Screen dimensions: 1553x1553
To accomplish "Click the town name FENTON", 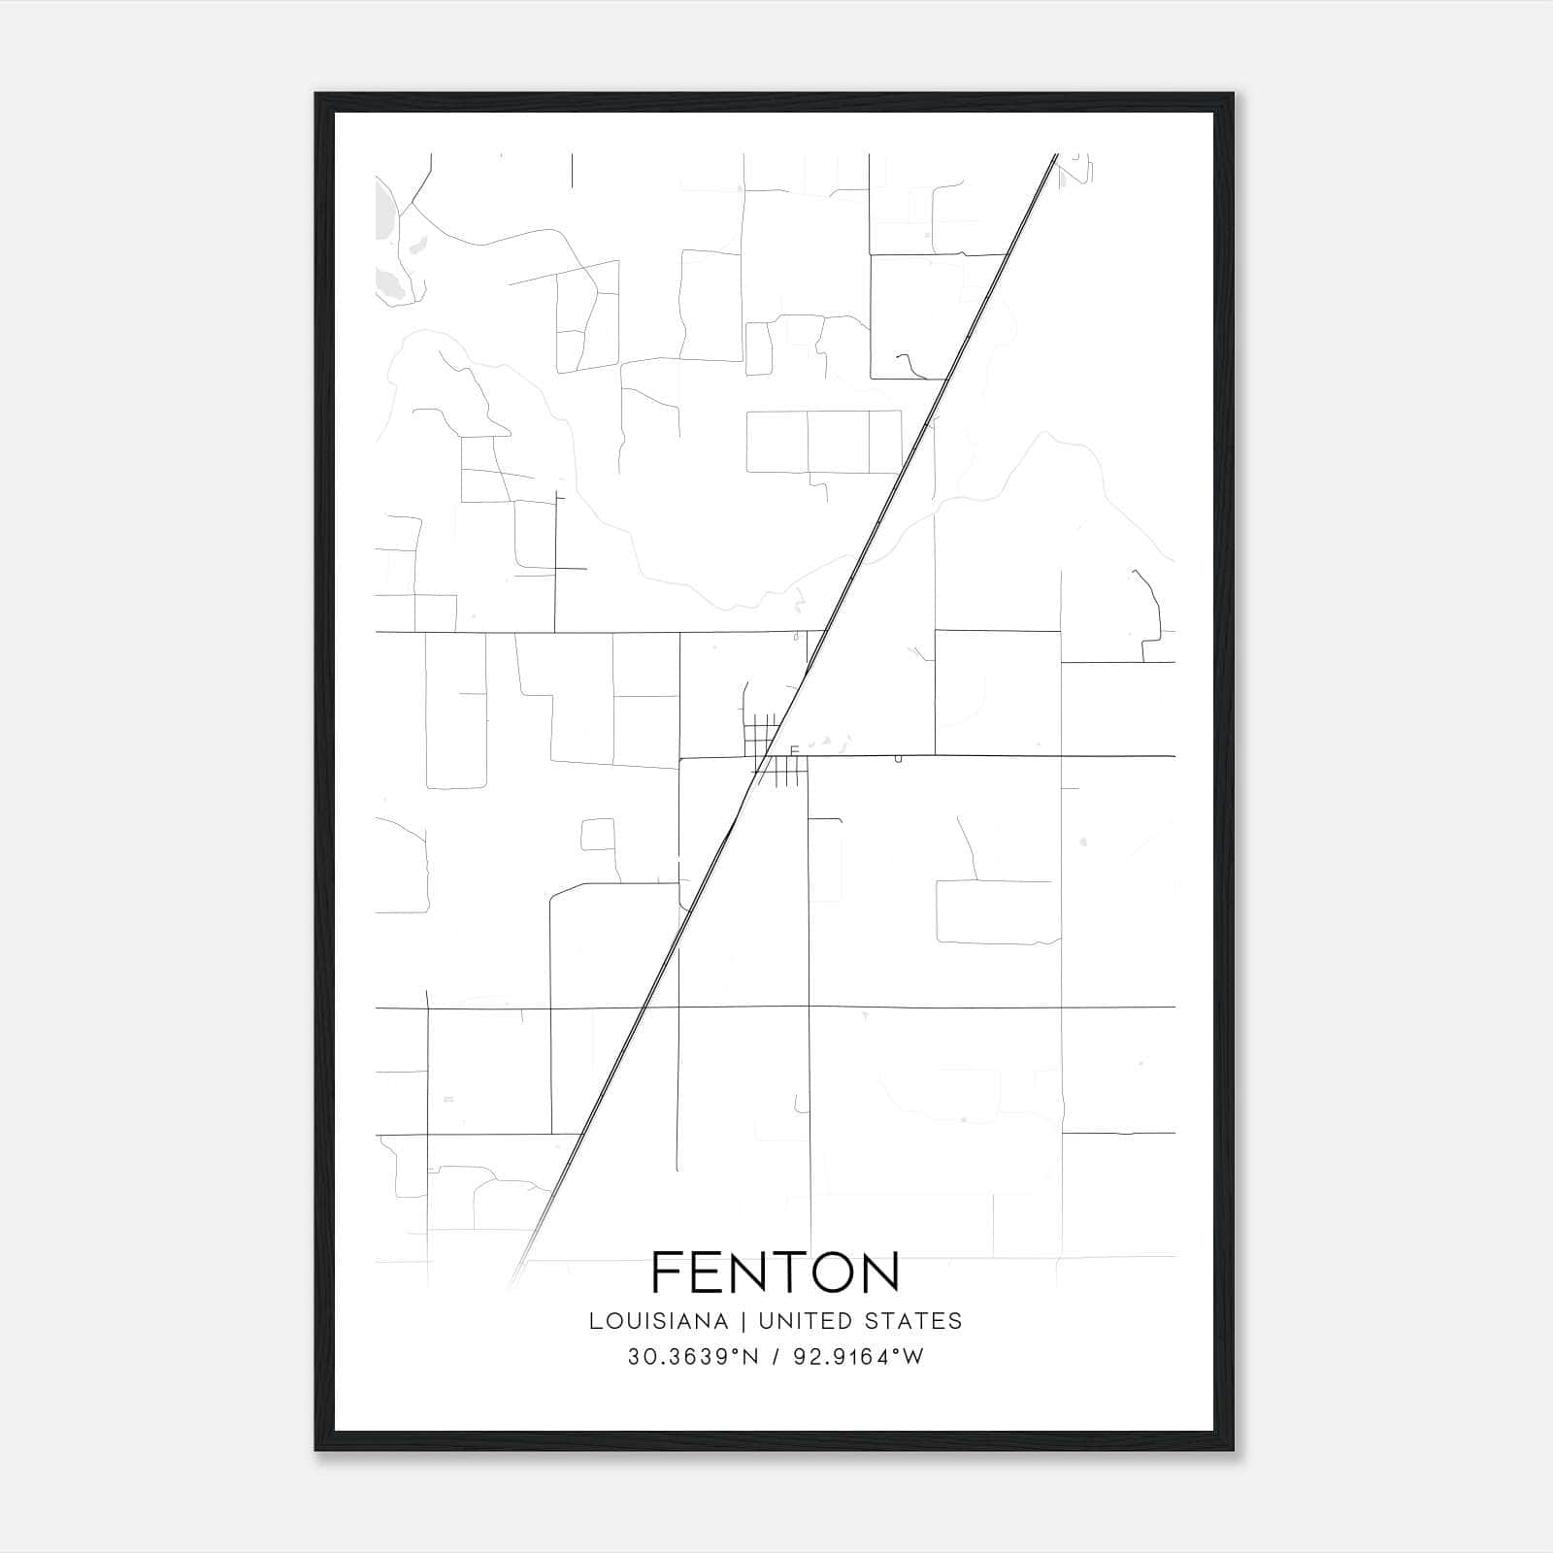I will [x=776, y=1272].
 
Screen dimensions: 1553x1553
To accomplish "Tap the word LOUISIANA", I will [x=658, y=1321].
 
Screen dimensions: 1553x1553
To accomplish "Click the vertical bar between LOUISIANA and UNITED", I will [x=743, y=1321].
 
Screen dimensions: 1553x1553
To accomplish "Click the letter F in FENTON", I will [x=669, y=1272].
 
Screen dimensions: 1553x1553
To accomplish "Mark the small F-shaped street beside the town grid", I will [x=794, y=750].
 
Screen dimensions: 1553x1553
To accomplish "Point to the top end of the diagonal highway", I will [x=1055, y=155].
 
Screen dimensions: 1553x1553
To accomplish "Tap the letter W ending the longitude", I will [x=912, y=1357].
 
